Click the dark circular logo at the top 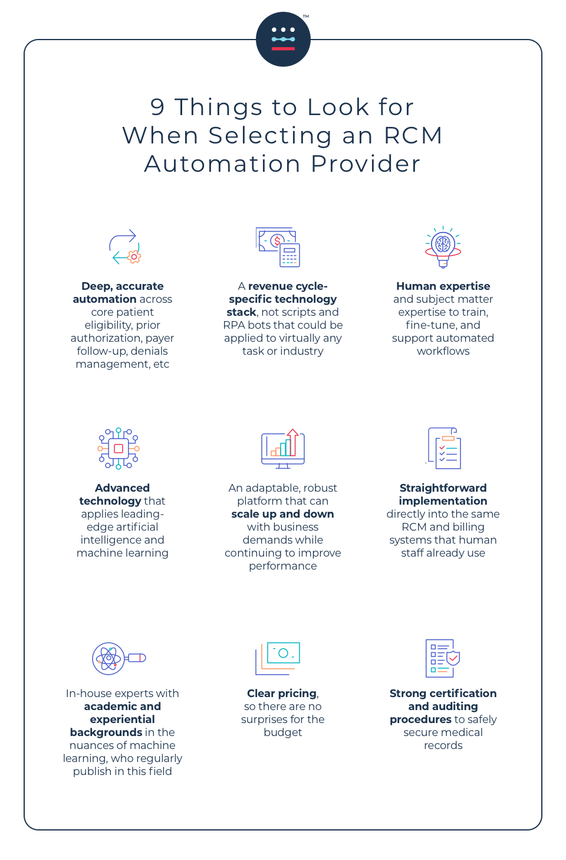tap(283, 39)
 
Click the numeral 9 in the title tap(157, 107)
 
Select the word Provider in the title tap(366, 164)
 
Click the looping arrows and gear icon tap(124, 247)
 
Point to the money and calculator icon tap(278, 247)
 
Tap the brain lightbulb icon tap(443, 247)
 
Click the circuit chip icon tap(119, 449)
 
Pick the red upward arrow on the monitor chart tap(293, 442)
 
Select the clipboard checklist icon tap(444, 448)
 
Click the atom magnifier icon tap(119, 659)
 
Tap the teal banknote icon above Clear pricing tap(284, 653)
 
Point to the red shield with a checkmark tap(453, 658)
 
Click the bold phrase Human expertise tap(443, 286)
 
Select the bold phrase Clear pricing tap(282, 694)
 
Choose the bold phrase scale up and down tap(282, 514)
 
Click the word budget tap(283, 733)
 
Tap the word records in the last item tap(443, 745)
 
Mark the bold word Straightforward tap(443, 488)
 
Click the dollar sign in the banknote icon tap(277, 241)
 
